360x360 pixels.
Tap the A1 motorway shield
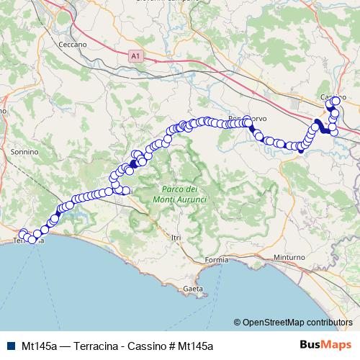pyautogui.click(x=135, y=54)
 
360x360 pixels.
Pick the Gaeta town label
pyautogui.click(x=193, y=288)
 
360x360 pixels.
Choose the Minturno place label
pyautogui.click(x=290, y=257)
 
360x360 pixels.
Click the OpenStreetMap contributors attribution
pyautogui.click(x=297, y=323)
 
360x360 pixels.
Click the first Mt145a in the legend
pyautogui.click(x=39, y=346)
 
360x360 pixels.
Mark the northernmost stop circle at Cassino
pyautogui.click(x=336, y=101)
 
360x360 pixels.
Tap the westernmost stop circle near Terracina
pyautogui.click(x=22, y=233)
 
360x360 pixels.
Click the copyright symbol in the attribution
pyautogui.click(x=237, y=323)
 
